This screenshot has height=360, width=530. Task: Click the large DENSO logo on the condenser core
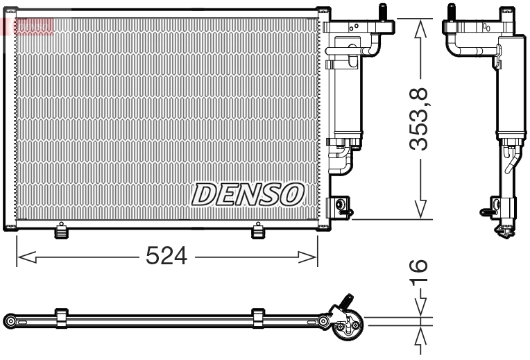(x=248, y=194)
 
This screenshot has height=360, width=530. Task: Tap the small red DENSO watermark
(x=28, y=26)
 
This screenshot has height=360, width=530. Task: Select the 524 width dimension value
(x=166, y=257)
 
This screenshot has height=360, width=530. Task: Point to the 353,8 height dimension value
(x=419, y=119)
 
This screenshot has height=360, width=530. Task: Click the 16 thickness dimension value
(x=419, y=275)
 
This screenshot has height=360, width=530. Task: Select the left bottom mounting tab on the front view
(x=62, y=231)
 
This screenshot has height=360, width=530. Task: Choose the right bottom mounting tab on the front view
(x=259, y=231)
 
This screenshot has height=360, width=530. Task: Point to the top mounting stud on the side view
(x=451, y=13)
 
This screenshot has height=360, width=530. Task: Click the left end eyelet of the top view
(x=10, y=320)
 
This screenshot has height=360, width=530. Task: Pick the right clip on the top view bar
(x=259, y=318)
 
